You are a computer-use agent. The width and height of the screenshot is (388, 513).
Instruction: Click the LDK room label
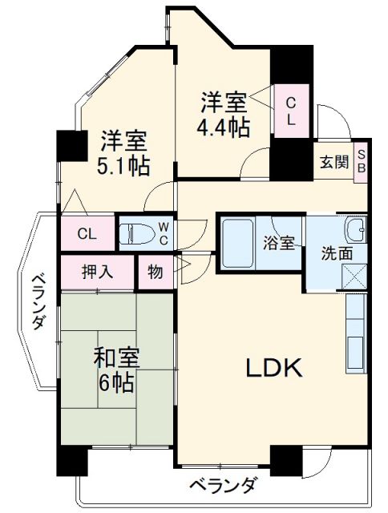273,369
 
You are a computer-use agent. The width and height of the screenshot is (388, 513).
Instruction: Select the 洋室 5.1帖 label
125,154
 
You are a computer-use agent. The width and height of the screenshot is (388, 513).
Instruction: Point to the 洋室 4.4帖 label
224,114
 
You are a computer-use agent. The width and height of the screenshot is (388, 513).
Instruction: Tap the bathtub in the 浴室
240,243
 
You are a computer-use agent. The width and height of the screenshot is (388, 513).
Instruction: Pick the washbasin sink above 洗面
357,230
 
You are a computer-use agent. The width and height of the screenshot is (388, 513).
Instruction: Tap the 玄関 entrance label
335,162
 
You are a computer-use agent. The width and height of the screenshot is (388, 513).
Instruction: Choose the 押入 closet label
98,271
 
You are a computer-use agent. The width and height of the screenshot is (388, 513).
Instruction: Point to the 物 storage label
155,272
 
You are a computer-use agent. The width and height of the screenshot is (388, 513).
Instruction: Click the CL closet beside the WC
87,234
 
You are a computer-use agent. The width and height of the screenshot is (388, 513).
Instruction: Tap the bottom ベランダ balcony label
224,485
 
